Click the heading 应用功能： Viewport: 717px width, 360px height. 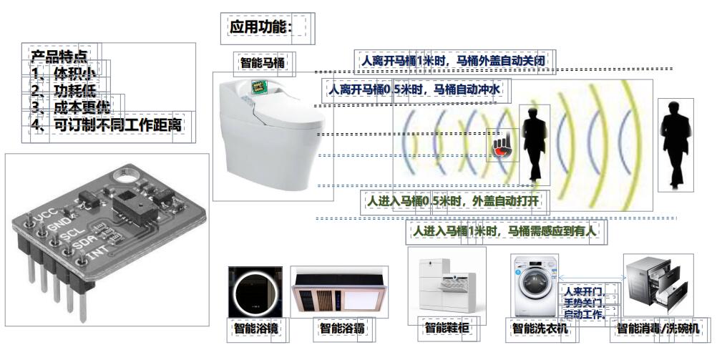261,28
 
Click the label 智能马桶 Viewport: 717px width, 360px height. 263,63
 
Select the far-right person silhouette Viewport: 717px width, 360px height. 676,143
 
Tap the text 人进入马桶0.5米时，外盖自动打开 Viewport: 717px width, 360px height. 454,202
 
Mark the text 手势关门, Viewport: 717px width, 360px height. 585,303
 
